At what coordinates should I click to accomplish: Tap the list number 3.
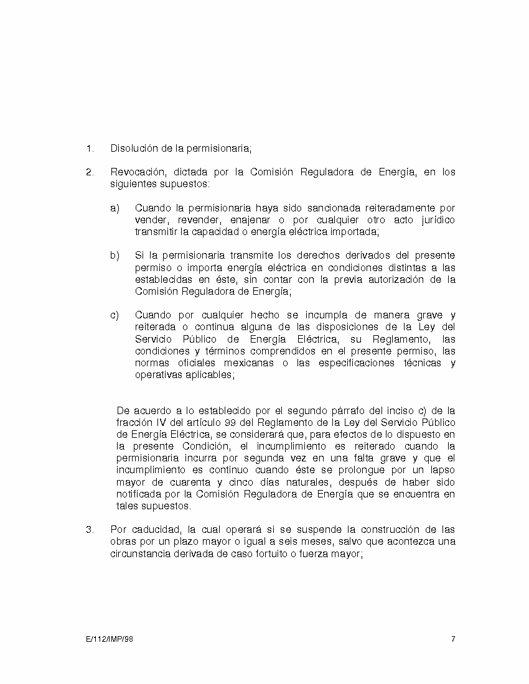coord(90,530)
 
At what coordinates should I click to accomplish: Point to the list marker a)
coord(115,208)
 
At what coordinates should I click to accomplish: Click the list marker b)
coord(115,256)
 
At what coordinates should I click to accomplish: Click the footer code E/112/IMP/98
coord(109,639)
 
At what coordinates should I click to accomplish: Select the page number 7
coord(453,639)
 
